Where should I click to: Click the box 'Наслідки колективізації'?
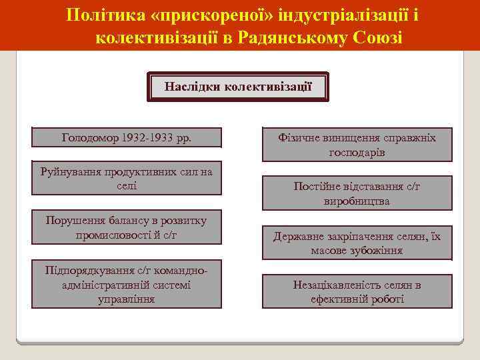238,87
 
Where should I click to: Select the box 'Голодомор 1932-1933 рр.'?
127,138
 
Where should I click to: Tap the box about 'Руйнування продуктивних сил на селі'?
127,179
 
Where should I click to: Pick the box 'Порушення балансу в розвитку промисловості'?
127,228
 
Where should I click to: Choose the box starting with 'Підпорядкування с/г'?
127,285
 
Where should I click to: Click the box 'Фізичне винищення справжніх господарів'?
357,145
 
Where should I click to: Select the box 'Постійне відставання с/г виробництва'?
357,193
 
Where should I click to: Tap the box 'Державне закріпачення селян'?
357,243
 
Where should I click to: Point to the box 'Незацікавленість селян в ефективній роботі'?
357,292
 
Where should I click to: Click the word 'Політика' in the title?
100,15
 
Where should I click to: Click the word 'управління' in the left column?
126,299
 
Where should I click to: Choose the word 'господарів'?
357,152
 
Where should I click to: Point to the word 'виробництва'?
357,201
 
